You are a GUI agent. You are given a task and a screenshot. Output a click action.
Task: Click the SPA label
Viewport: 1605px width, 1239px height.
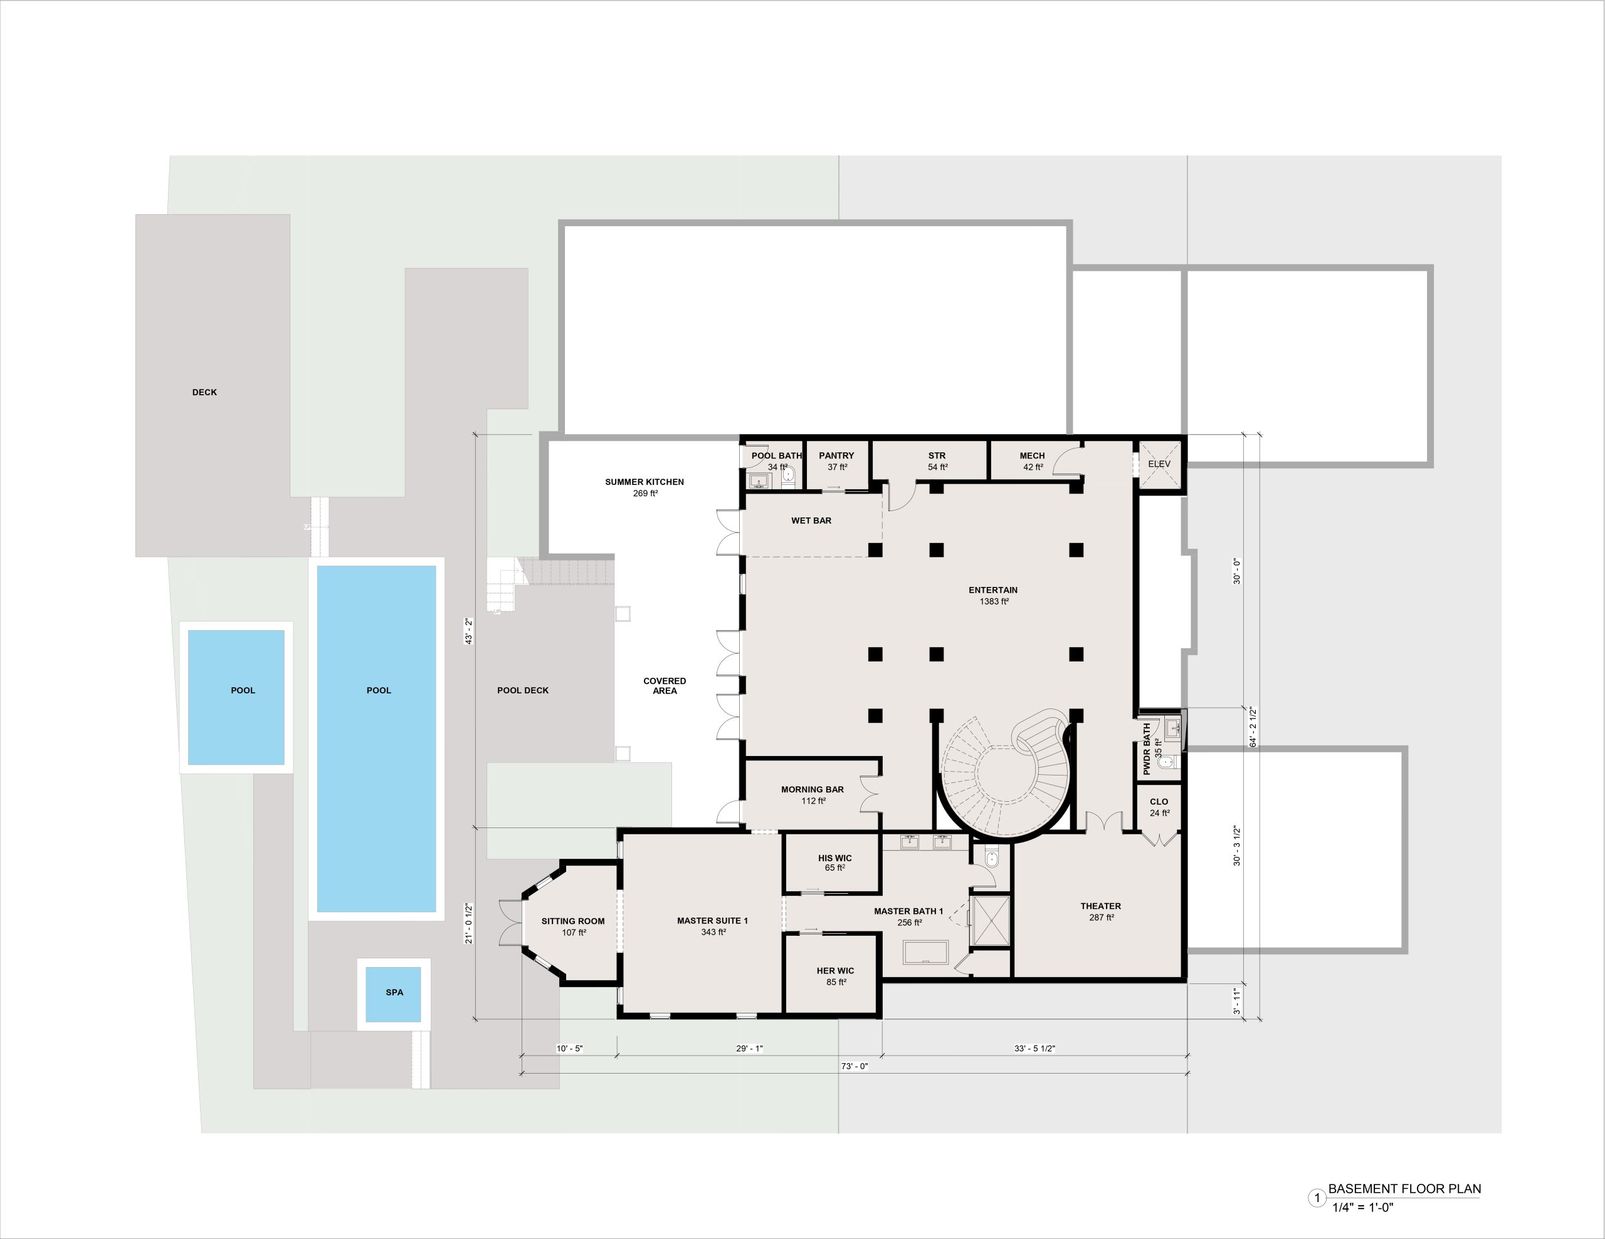pos(394,992)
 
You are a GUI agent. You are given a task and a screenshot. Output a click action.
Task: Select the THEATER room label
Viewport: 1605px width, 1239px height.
pos(1101,906)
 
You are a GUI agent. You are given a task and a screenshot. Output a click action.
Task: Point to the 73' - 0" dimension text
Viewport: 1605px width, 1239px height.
pos(855,1066)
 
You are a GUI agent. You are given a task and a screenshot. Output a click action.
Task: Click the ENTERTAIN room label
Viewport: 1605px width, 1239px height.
pos(993,590)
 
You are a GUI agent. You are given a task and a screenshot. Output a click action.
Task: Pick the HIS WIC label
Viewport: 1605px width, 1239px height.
pos(835,858)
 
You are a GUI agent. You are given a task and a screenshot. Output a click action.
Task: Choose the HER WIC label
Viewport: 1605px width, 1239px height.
pos(836,971)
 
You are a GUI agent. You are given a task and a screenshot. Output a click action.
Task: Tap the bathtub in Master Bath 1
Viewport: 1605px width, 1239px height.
pos(926,952)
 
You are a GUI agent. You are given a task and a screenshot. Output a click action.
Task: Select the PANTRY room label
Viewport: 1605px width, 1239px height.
pos(837,455)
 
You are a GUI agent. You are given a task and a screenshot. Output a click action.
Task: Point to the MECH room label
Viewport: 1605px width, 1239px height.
pos(1033,455)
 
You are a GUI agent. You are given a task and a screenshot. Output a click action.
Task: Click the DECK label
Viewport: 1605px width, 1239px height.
pos(204,392)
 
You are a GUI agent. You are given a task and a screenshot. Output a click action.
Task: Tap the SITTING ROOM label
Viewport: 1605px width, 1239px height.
pos(573,921)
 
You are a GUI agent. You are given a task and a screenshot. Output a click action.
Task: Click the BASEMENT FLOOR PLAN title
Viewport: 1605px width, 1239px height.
pos(1404,1189)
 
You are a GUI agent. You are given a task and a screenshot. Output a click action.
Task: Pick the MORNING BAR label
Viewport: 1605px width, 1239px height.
pos(812,789)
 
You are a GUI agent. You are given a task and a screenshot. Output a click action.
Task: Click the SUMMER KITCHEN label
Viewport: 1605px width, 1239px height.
pos(645,482)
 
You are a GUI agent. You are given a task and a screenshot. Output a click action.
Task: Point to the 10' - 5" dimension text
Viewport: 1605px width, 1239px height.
pos(569,1049)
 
